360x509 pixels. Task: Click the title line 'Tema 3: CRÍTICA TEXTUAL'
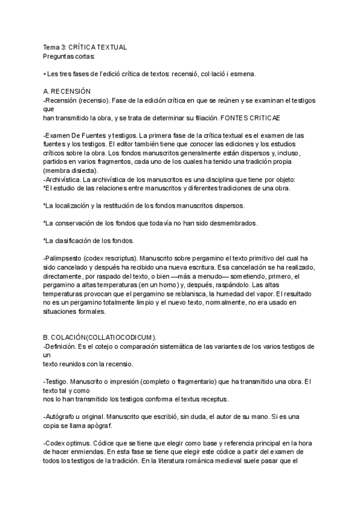pos(85,47)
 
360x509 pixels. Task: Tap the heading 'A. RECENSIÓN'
pos(67,91)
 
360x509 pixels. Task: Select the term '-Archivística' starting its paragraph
pos(62,180)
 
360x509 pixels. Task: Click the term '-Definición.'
pos(62,346)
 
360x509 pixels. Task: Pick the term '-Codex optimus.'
pos(68,442)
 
